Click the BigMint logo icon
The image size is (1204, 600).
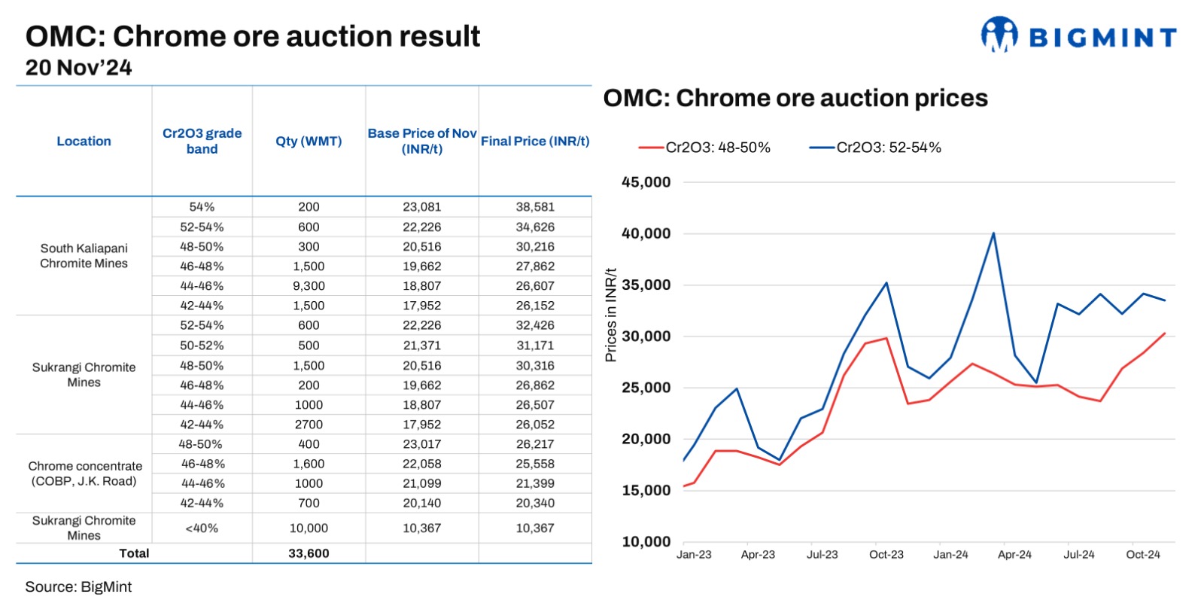[999, 34]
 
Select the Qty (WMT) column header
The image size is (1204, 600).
[309, 141]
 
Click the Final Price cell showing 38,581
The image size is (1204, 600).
[535, 207]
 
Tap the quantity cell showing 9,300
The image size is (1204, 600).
[309, 286]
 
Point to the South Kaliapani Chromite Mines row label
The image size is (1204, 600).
[84, 256]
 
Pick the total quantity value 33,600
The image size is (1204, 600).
[309, 553]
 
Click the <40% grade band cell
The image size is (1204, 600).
[202, 528]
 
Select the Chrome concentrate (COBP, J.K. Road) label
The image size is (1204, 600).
[84, 474]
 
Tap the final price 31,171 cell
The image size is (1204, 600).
[535, 346]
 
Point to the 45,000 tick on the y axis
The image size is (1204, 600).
[646, 182]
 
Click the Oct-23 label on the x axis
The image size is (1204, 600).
[886, 555]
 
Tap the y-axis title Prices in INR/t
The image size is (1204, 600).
[611, 315]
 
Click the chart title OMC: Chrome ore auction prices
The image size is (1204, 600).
[795, 99]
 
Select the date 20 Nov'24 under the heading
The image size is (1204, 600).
[79, 68]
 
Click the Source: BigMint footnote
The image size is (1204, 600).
[78, 586]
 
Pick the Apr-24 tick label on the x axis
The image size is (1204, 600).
[1014, 555]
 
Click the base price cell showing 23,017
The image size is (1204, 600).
[421, 444]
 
